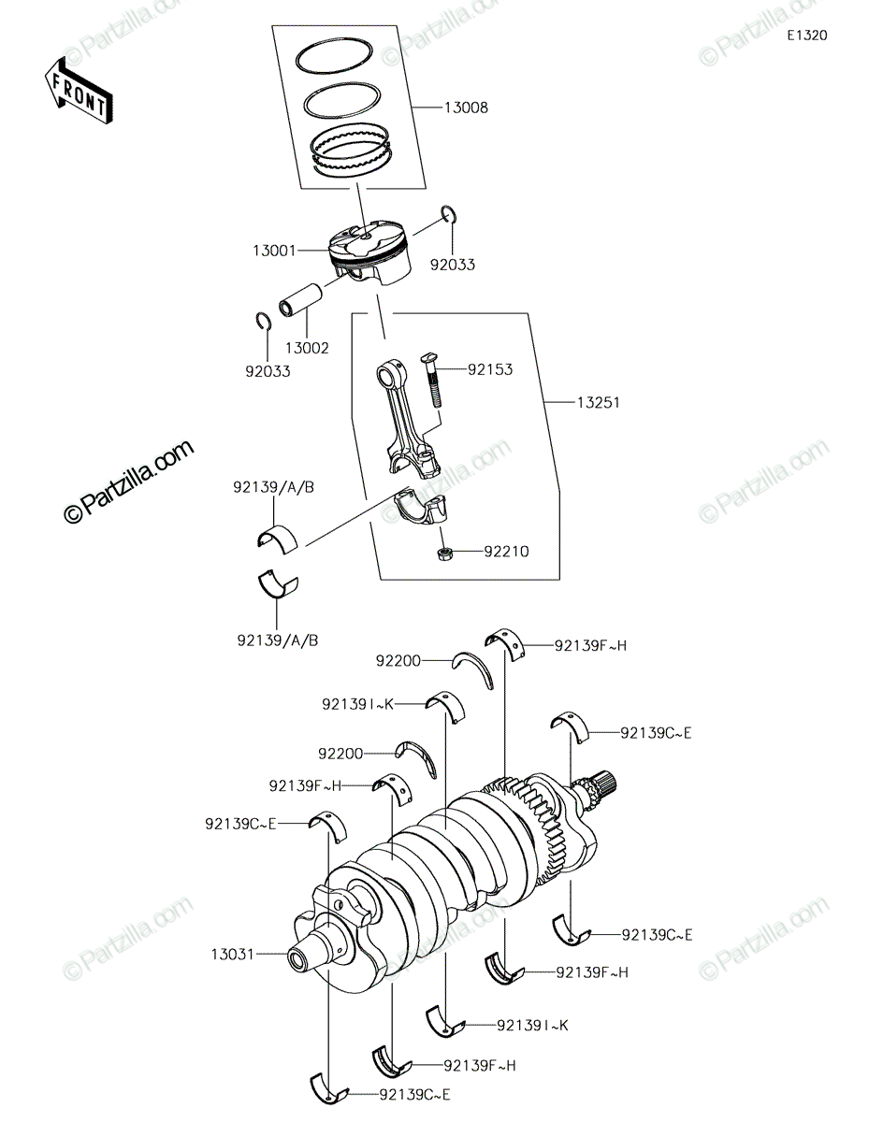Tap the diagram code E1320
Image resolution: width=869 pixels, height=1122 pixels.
click(x=807, y=36)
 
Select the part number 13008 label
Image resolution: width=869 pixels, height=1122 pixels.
click(x=466, y=108)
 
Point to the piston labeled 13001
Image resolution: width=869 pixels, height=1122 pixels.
click(x=369, y=253)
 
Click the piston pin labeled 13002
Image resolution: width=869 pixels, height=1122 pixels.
click(x=300, y=300)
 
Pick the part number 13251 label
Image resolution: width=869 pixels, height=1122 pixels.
click(x=598, y=402)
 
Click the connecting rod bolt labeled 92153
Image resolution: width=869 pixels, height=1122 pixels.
click(x=432, y=381)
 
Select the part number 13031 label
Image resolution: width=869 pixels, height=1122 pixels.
click(x=232, y=955)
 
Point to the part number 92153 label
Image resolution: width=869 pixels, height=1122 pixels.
click(x=490, y=369)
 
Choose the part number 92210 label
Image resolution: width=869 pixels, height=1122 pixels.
click(x=506, y=552)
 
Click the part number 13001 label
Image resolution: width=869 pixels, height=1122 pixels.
click(x=275, y=251)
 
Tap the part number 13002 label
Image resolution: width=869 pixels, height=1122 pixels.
click(x=307, y=348)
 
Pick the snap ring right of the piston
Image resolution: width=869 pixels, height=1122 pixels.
click(x=448, y=214)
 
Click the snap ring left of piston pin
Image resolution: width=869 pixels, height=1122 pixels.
click(x=264, y=321)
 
